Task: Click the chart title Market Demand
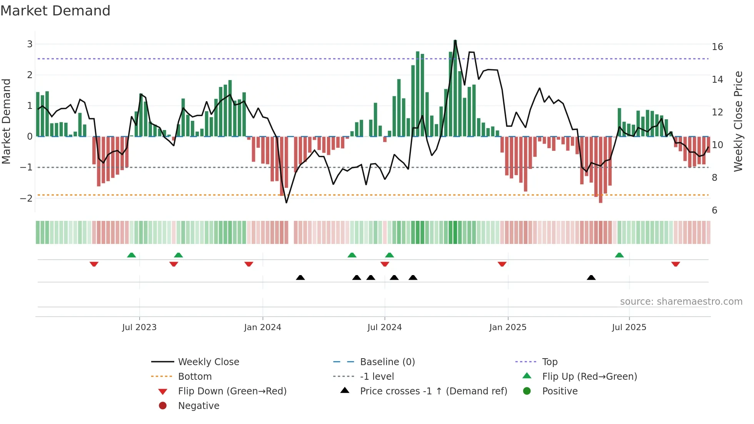pos(55,11)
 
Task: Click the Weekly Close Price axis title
pos(738,121)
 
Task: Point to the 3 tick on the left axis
pos(30,44)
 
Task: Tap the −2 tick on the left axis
pos(27,199)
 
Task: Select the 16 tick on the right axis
pos(717,47)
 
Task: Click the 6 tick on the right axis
pos(714,210)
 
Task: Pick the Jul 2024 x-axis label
pos(384,327)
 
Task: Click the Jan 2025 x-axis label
pos(507,327)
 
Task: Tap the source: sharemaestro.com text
pos(681,302)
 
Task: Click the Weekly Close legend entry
pos(208,362)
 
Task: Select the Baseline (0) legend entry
pos(387,362)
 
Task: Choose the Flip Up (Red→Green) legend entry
pos(589,377)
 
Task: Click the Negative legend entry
pos(199,406)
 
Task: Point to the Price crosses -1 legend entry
pos(433,391)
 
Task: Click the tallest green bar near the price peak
pos(455,88)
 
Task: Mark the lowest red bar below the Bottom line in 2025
pos(601,169)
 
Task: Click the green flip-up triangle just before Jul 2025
pos(619,255)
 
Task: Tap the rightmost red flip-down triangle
pos(676,264)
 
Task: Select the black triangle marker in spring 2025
pos(591,277)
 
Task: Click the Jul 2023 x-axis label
pos(139,327)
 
